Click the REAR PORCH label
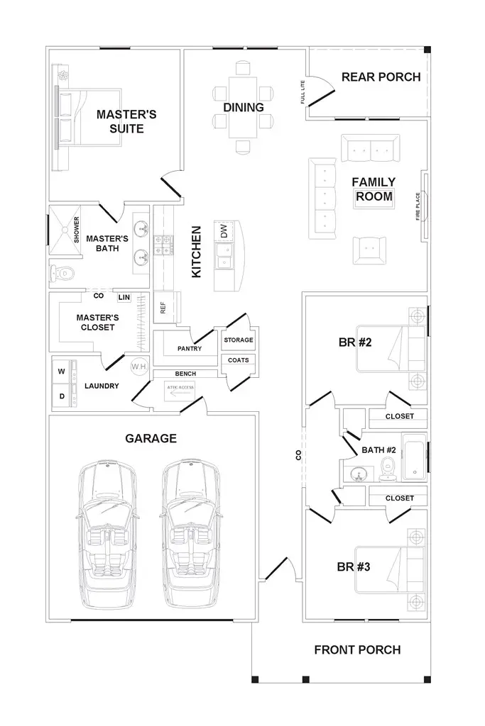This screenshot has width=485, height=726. coord(381,77)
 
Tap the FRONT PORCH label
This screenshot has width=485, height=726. coord(357,649)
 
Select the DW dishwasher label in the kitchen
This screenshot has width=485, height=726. coord(224,232)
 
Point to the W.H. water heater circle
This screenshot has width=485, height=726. coord(138,367)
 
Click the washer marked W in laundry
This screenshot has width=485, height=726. coord(62,372)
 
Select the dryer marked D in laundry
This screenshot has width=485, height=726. coord(62,396)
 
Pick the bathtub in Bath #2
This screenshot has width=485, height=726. coord(414,457)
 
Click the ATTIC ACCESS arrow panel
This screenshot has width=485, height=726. coord(180,391)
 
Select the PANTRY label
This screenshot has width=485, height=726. coord(190,349)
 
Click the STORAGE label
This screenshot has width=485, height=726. coord(238,340)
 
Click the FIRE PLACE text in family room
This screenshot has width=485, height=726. coord(418,206)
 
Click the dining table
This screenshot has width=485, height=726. coord(243,108)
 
